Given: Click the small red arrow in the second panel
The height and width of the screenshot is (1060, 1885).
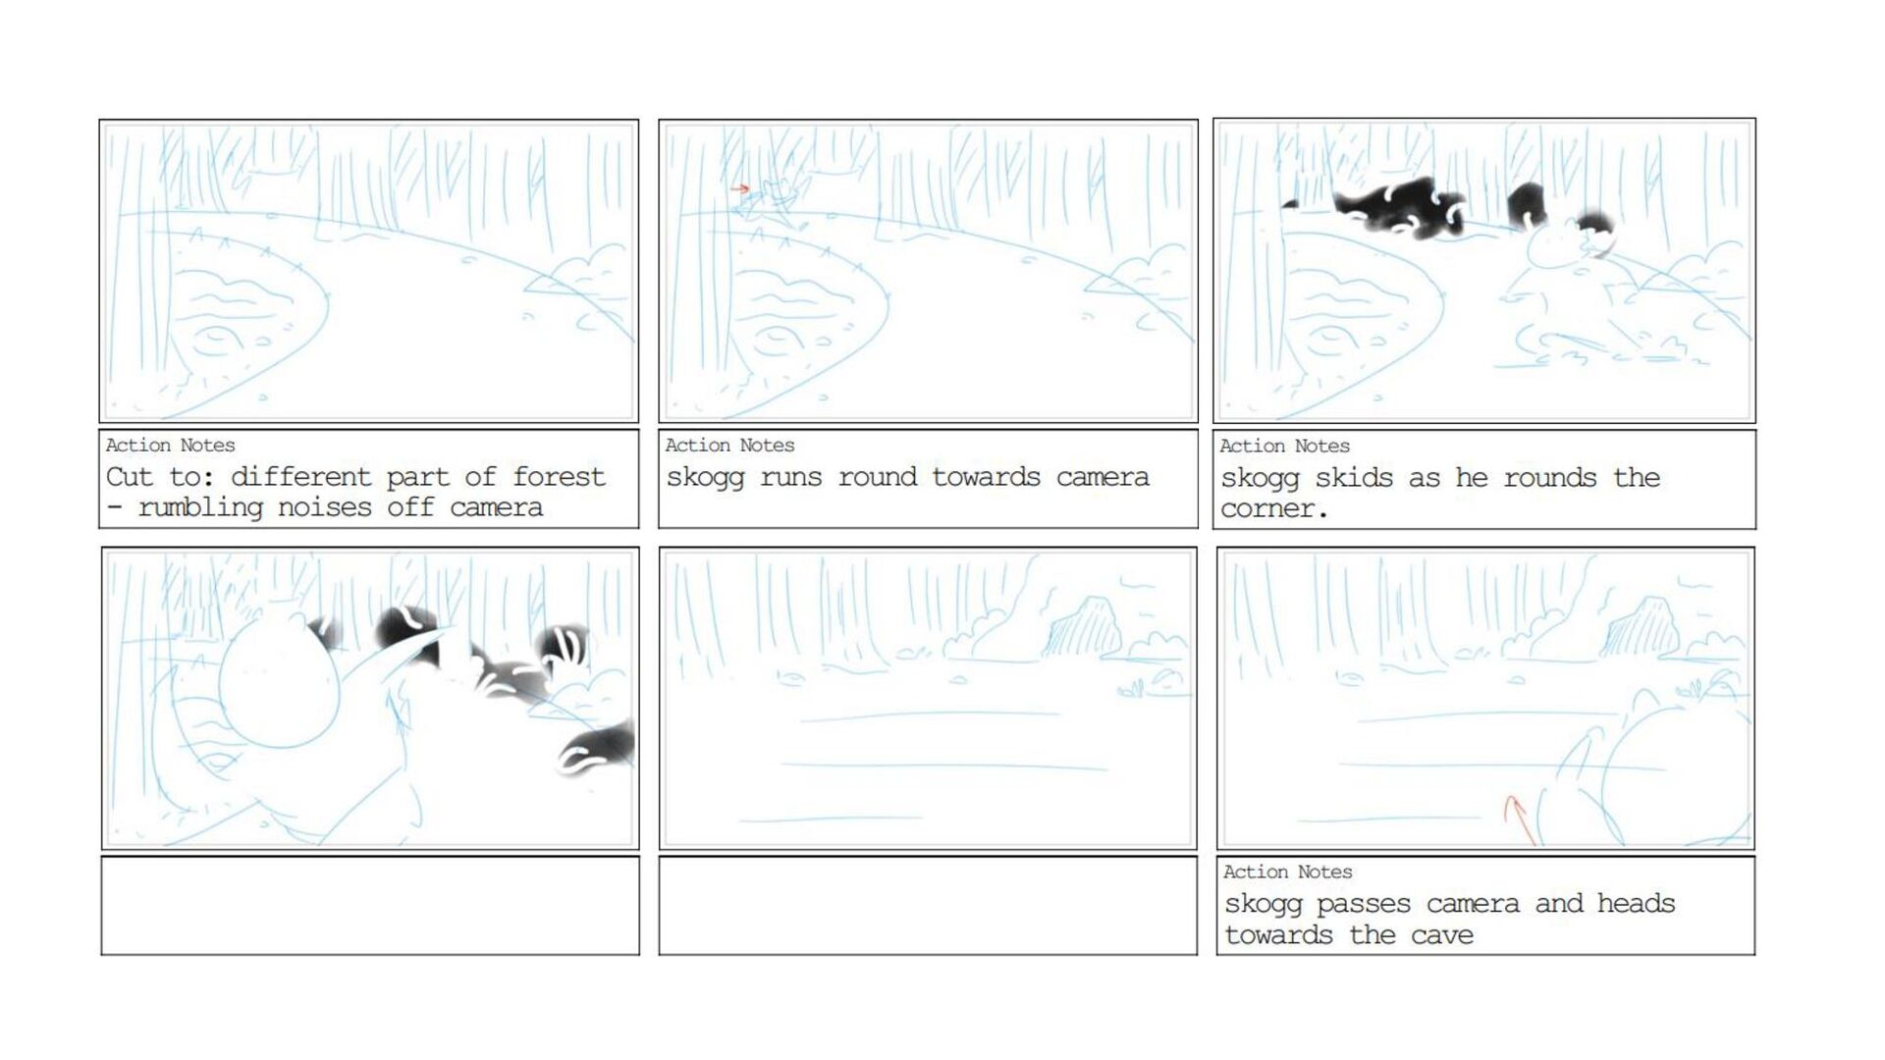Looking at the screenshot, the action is coord(740,188).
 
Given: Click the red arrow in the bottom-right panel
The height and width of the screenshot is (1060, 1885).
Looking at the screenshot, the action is coord(1519,820).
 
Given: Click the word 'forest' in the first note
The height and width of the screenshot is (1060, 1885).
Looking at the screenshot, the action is coord(559,477).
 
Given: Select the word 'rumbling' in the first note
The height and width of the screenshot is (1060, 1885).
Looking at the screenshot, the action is coord(200,508).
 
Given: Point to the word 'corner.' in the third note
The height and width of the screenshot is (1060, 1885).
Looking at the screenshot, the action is coord(1274,509).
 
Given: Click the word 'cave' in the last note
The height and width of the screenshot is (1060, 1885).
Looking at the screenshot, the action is coord(1441,935).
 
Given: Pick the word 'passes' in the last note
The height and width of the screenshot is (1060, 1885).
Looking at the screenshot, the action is coord(1364,905).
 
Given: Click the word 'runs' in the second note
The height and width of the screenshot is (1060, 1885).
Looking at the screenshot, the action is coord(791,478).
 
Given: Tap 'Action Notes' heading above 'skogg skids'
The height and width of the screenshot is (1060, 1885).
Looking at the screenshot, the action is coord(1284,446).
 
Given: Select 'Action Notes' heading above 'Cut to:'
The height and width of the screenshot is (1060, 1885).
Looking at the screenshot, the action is coord(171,445).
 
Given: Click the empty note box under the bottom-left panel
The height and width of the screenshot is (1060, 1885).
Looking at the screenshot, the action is coord(370,906).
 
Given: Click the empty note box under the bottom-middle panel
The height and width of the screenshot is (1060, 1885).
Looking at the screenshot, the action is coord(928,906).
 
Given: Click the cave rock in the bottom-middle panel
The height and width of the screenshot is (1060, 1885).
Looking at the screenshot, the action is coord(1083,627).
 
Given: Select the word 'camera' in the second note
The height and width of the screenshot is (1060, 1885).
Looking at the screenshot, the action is coord(1103,478).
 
